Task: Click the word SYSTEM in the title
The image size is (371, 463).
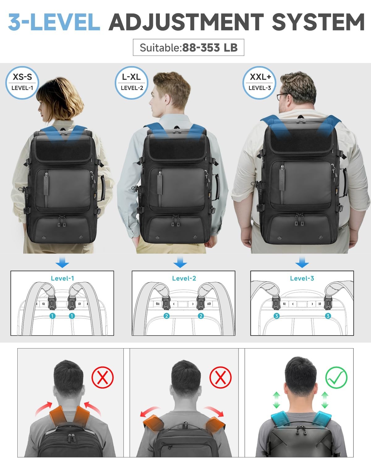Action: pyautogui.click(x=318, y=22)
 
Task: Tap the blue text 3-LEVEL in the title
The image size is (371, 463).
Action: pyautogui.click(x=54, y=22)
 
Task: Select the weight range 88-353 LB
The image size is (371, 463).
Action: pyautogui.click(x=210, y=48)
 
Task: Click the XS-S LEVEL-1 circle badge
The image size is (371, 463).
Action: pyautogui.click(x=22, y=83)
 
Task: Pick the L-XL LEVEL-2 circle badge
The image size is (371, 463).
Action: pyautogui.click(x=131, y=83)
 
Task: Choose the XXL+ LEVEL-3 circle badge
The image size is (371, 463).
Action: pyautogui.click(x=259, y=83)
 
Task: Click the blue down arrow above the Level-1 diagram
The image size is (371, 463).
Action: pyautogui.click(x=62, y=262)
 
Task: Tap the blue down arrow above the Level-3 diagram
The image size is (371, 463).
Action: pyautogui.click(x=302, y=262)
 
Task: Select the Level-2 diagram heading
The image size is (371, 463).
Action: pyautogui.click(x=184, y=278)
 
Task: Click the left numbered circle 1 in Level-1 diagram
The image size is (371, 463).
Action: pyautogui.click(x=52, y=316)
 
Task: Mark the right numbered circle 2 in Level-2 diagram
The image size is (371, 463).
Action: pyautogui.click(x=201, y=316)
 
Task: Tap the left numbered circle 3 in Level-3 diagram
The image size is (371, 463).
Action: pyautogui.click(x=277, y=316)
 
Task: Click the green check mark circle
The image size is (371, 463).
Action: pyautogui.click(x=336, y=378)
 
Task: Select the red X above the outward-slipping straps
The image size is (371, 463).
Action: pyautogui.click(x=220, y=377)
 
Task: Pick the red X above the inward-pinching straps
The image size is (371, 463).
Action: pyautogui.click(x=103, y=377)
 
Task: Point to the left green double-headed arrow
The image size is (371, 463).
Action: pyautogui.click(x=276, y=400)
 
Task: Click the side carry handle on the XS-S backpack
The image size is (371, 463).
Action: pyautogui.click(x=102, y=188)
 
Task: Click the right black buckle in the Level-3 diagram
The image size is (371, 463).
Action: pyautogui.click(x=328, y=302)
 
